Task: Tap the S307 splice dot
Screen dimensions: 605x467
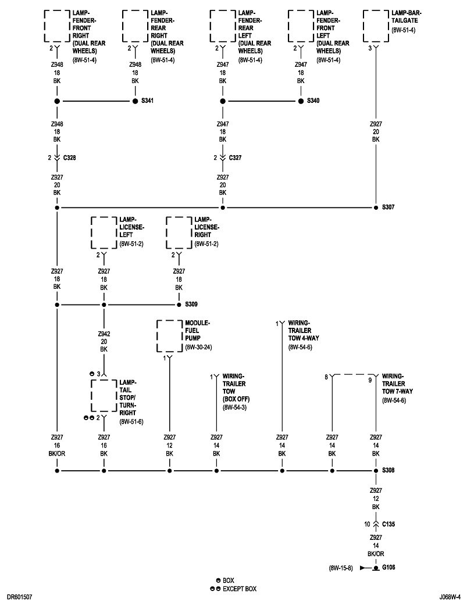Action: tap(376, 207)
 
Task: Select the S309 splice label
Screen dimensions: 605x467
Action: tap(191, 305)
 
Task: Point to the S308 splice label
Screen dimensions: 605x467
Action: tap(388, 470)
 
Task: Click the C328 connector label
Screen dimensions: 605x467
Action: tap(70, 157)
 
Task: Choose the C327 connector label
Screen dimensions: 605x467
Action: tap(236, 157)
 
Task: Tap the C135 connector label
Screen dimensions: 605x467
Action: tap(389, 524)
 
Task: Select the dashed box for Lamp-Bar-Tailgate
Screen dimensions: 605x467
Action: tap(376, 26)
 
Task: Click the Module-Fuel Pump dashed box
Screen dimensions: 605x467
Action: tap(169, 336)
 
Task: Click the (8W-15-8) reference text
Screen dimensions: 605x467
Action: tap(342, 567)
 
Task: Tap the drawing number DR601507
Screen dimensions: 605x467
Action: tap(20, 596)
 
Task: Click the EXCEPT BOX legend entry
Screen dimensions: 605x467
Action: tap(239, 589)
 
